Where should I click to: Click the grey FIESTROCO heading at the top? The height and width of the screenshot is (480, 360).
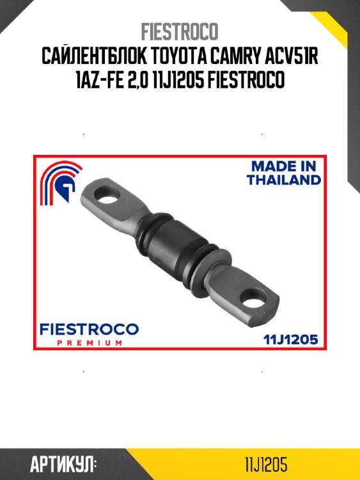point(180,31)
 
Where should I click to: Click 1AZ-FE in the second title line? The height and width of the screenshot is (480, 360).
point(100,80)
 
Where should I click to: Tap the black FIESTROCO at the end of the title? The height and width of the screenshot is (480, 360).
point(247,80)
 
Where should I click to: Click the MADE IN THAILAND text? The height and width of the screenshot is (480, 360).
point(284,173)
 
